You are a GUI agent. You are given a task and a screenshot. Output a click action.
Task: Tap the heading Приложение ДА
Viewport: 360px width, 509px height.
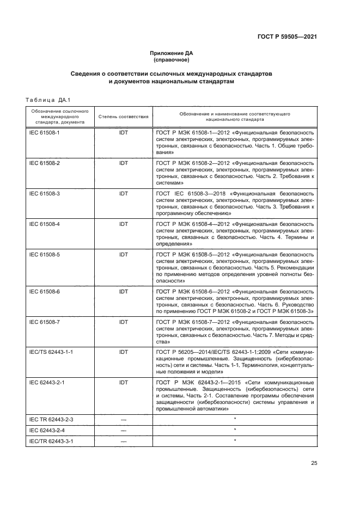coord(172,53)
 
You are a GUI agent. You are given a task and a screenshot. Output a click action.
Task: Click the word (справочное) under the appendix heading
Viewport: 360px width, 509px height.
coord(172,60)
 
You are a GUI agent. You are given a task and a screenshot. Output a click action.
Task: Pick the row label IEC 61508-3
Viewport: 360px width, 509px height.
coord(44,193)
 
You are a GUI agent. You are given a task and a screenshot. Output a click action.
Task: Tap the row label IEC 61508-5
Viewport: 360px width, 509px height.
coord(44,254)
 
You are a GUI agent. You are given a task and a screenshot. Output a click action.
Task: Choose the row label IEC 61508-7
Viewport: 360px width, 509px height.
coord(44,322)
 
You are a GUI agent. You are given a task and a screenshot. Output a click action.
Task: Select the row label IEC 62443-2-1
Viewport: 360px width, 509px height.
coord(47,383)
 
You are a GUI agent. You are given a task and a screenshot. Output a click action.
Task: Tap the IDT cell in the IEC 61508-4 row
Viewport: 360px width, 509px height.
coord(123,224)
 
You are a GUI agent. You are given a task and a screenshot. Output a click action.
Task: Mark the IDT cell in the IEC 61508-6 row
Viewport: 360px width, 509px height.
coord(123,292)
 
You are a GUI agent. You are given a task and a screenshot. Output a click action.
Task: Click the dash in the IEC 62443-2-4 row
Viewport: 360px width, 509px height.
coord(123,430)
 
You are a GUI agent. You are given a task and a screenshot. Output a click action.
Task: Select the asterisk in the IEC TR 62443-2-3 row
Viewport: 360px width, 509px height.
coord(234,419)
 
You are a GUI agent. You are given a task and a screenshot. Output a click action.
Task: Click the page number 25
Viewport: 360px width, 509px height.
coord(314,463)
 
